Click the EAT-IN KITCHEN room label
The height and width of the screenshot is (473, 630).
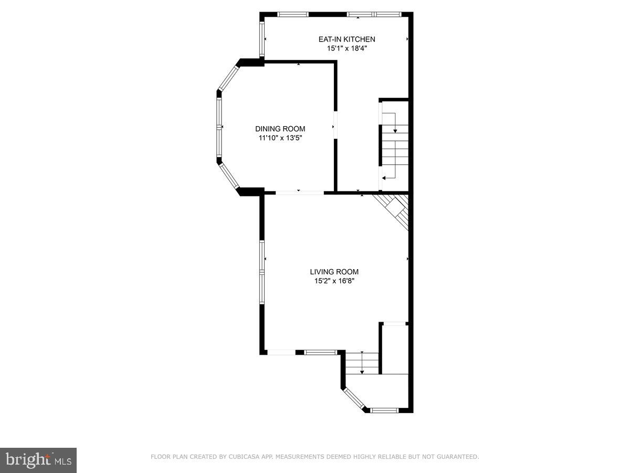point(346,39)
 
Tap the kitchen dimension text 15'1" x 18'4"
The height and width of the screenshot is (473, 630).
point(346,48)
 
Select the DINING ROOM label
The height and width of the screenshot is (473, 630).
point(280,129)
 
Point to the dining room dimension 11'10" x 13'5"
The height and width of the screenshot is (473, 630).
point(280,138)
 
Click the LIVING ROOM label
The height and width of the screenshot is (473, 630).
point(334,272)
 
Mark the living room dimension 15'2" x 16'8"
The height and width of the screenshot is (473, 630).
point(334,281)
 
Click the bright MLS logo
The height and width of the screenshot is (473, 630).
point(38,460)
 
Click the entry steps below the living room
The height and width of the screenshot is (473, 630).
point(362,363)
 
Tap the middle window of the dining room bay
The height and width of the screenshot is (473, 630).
point(219,127)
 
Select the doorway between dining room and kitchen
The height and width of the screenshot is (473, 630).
point(335,126)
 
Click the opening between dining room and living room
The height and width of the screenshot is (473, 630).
point(300,193)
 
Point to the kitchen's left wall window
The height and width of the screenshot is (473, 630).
point(261,39)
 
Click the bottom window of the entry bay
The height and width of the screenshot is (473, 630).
point(385,410)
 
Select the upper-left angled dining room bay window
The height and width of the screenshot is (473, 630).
point(228,77)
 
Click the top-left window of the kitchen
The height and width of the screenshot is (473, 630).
point(293,14)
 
